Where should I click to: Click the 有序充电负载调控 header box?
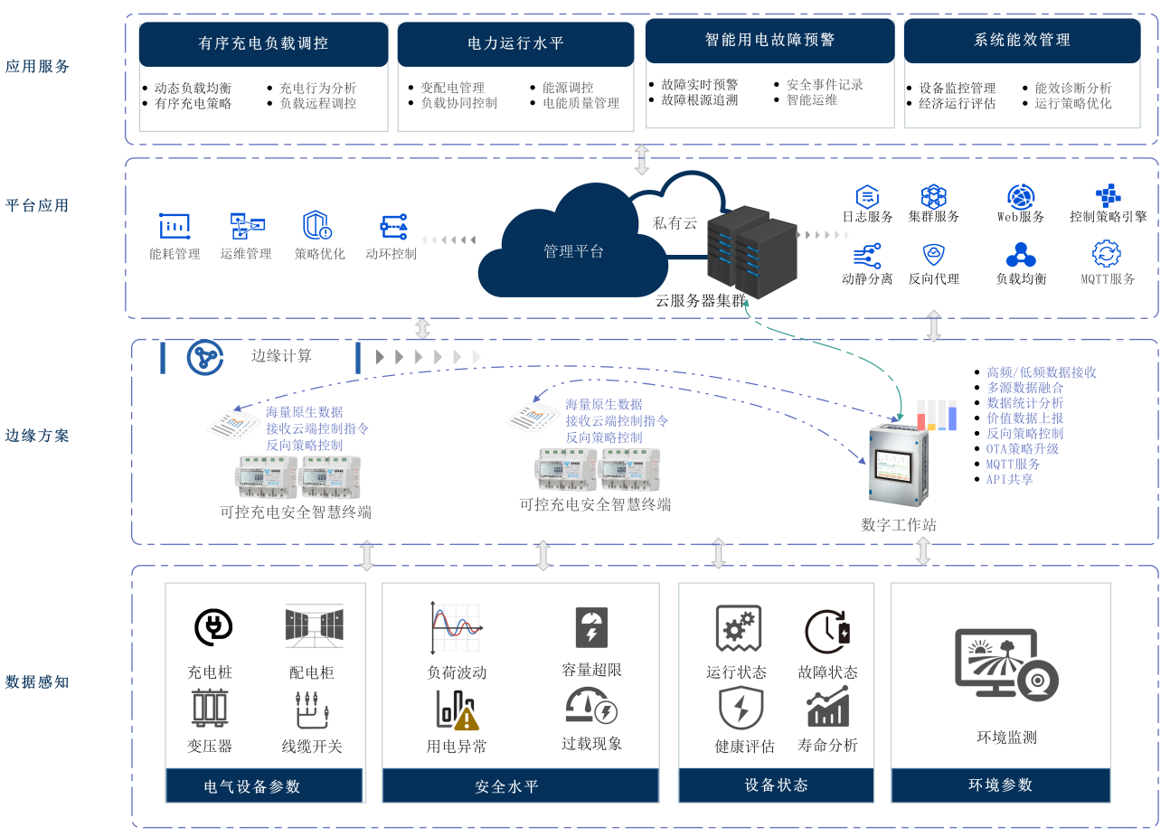pos(263,43)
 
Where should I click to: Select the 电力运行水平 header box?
pos(515,43)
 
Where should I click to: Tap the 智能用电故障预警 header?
pos(769,41)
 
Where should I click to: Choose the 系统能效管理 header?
pos(1022,41)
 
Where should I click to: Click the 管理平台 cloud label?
pos(573,251)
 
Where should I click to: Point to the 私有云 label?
pos(675,222)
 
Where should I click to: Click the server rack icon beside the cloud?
pos(752,252)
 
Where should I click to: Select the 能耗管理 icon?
pos(175,226)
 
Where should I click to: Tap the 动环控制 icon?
pos(393,226)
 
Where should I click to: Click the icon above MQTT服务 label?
pos(1107,253)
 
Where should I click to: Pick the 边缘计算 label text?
pos(281,356)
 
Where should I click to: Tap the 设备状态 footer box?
pos(776,785)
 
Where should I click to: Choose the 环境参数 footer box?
pos(1000,785)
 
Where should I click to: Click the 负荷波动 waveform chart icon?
pos(456,628)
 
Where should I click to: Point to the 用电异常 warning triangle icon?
pos(466,719)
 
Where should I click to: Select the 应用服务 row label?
pos(37,67)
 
